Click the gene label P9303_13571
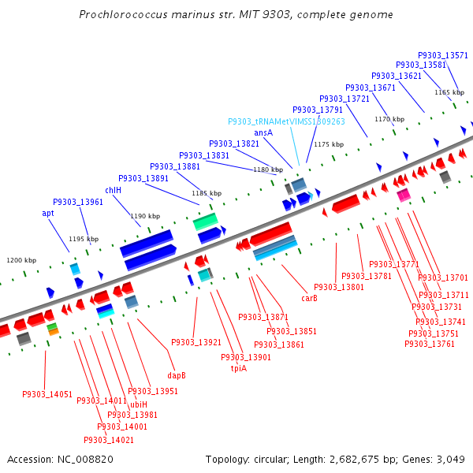click(443, 55)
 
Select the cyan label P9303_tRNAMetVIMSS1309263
click(286, 121)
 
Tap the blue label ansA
click(263, 132)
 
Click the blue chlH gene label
click(114, 190)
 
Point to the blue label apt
click(48, 213)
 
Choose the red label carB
click(309, 298)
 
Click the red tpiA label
click(239, 368)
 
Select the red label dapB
click(177, 375)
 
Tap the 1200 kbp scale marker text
click(21, 260)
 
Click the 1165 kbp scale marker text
click(449, 92)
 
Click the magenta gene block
click(404, 195)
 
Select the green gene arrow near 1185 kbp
click(206, 222)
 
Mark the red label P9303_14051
click(47, 394)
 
